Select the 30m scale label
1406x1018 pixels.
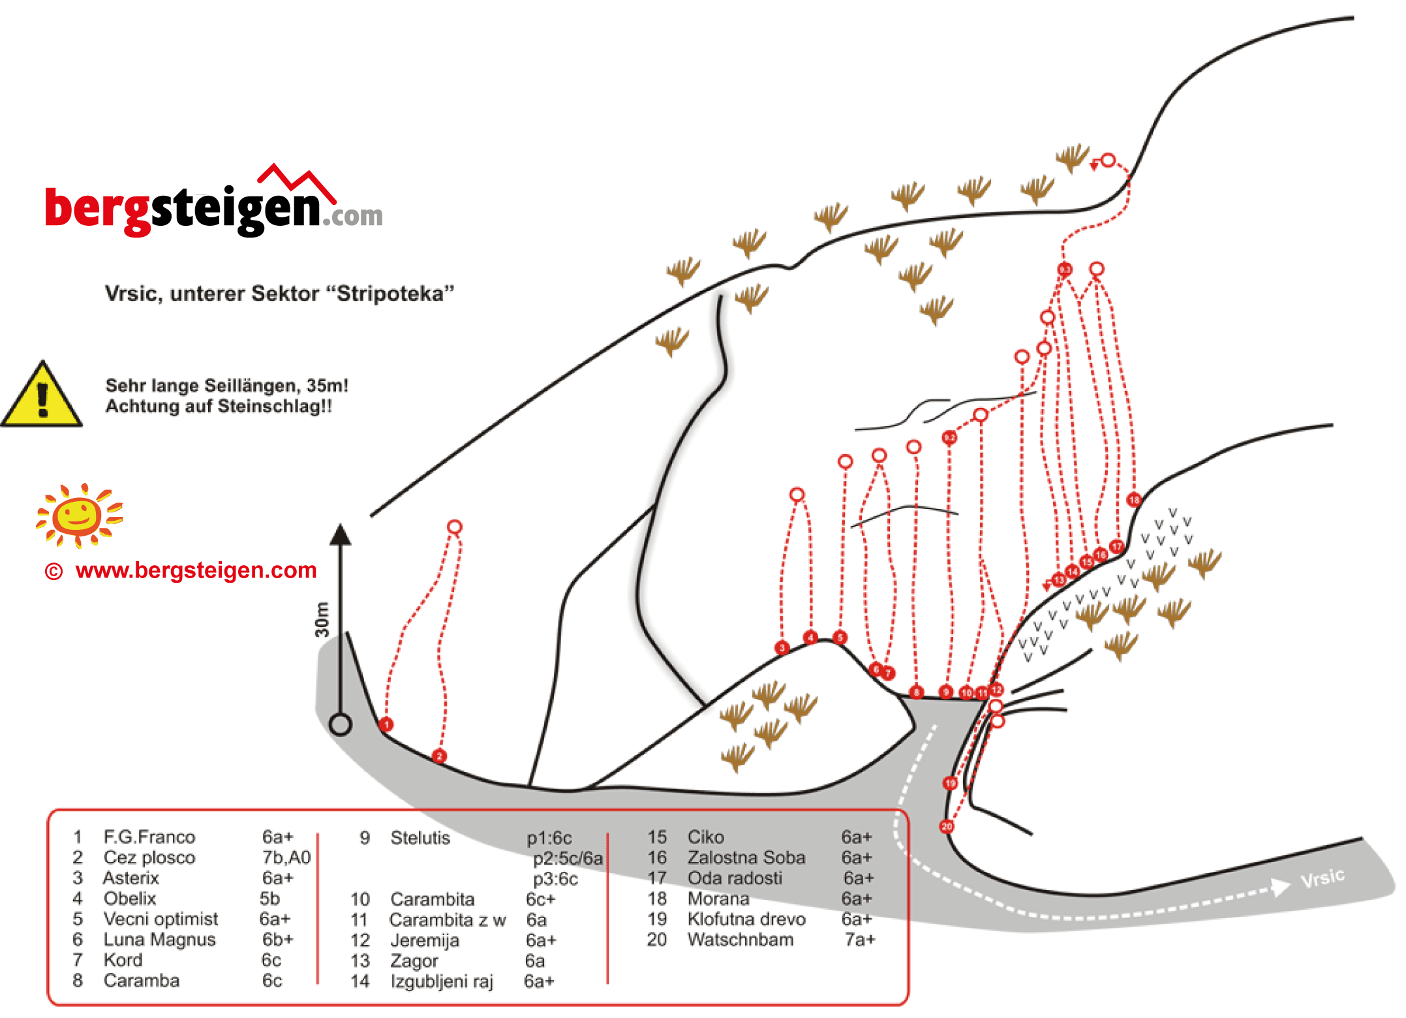pyautogui.click(x=322, y=619)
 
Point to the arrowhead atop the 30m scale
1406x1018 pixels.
pyautogui.click(x=340, y=534)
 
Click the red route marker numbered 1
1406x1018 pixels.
pyautogui.click(x=386, y=724)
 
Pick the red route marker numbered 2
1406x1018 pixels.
pyautogui.click(x=439, y=756)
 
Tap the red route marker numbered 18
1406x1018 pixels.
pyautogui.click(x=1134, y=500)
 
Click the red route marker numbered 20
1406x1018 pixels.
pyautogui.click(x=947, y=826)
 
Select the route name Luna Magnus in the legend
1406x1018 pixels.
pyautogui.click(x=159, y=940)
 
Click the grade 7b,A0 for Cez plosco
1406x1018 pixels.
pyautogui.click(x=286, y=857)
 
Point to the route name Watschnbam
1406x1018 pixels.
pyautogui.click(x=741, y=940)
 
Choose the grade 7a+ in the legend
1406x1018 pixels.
pyautogui.click(x=860, y=940)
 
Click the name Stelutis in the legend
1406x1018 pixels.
pyautogui.click(x=420, y=838)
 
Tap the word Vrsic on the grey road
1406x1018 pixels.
pyautogui.click(x=1322, y=878)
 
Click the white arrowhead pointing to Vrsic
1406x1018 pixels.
pyautogui.click(x=1281, y=886)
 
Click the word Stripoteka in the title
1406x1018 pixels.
pyautogui.click(x=395, y=294)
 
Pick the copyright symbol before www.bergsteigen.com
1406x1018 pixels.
pyautogui.click(x=53, y=572)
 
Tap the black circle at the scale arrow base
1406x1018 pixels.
pyautogui.click(x=340, y=724)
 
